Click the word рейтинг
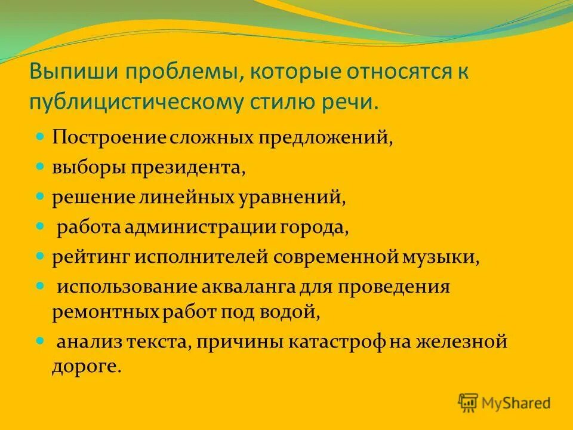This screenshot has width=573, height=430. pyautogui.click(x=90, y=257)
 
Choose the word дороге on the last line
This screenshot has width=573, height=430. pyautogui.click(x=86, y=365)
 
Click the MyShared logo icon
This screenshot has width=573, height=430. pyautogui.click(x=469, y=403)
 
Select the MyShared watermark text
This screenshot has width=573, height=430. pyautogui.click(x=517, y=404)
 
